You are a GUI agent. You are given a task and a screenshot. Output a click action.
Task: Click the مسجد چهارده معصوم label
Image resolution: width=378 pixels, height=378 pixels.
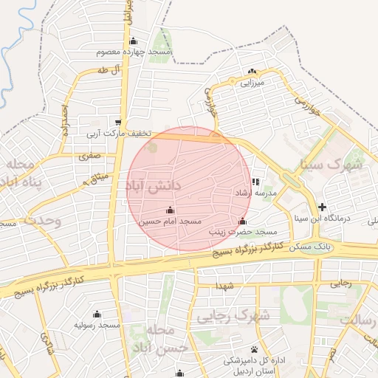(x=134, y=53)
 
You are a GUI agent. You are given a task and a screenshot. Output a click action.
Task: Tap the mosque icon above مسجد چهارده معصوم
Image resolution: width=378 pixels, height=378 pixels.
(x=133, y=41)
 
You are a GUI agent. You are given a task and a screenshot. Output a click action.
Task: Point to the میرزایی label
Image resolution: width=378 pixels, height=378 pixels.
(x=250, y=83)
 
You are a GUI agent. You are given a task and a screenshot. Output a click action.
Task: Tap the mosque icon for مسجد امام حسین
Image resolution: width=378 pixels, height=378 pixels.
(x=171, y=210)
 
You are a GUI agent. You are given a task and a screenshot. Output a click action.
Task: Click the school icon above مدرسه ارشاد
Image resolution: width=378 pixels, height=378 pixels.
(x=255, y=182)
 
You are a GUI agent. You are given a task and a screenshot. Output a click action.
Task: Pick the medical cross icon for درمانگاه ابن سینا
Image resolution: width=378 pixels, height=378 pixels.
(x=322, y=207)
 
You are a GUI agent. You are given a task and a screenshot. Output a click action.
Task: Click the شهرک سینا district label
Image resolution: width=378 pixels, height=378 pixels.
(x=337, y=165)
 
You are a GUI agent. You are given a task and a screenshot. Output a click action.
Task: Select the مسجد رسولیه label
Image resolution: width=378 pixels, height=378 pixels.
(x=97, y=325)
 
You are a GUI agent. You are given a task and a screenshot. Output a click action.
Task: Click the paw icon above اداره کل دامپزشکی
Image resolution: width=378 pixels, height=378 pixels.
(x=254, y=349)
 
